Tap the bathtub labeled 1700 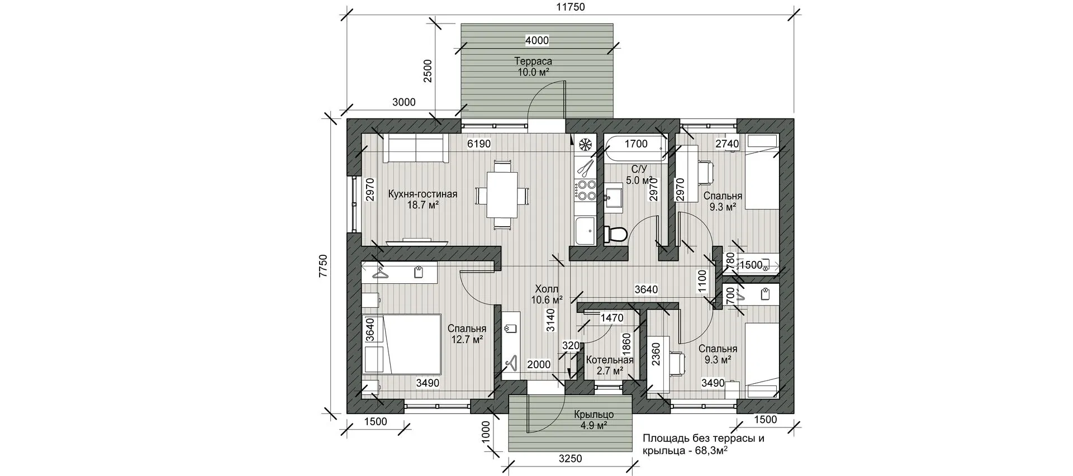[635, 149]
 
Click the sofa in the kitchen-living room [415, 149]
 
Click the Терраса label [533, 61]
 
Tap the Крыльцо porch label [594, 415]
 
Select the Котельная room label [609, 360]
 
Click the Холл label [547, 289]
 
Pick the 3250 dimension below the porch [570, 459]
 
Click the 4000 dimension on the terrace [536, 40]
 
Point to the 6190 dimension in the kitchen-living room [478, 144]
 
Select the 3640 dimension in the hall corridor [646, 289]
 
